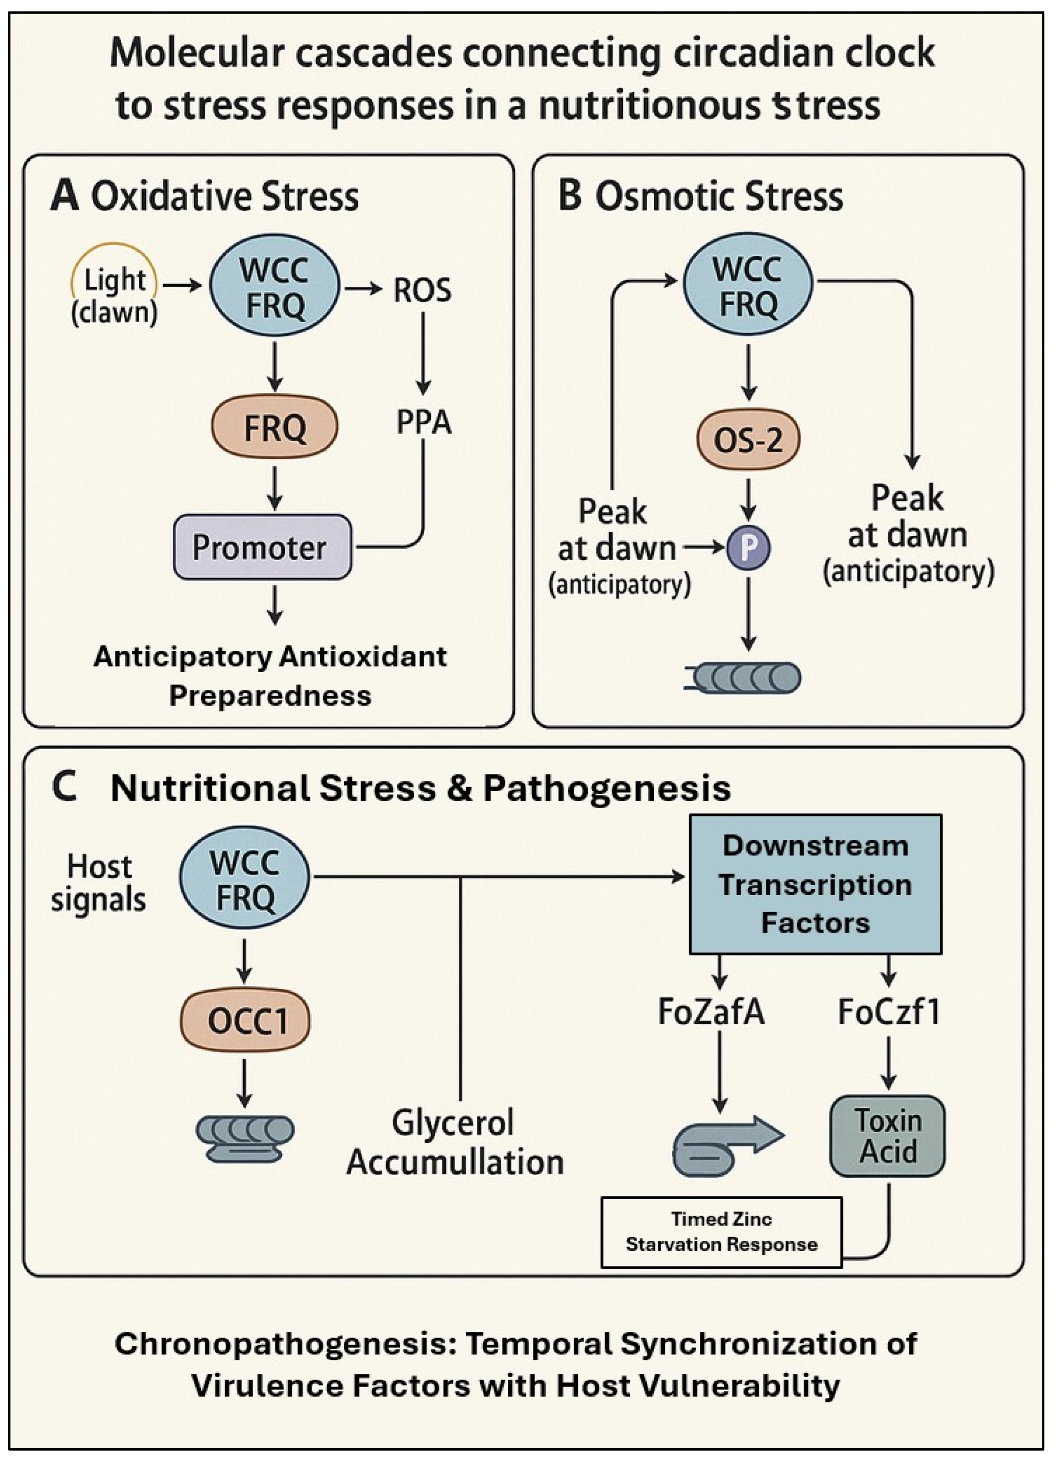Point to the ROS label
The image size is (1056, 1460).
(x=422, y=290)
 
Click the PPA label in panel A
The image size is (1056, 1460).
(x=423, y=423)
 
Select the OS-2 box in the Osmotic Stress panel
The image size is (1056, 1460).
(x=748, y=440)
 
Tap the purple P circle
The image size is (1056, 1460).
(x=748, y=548)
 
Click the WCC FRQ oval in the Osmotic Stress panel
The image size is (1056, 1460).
(x=748, y=286)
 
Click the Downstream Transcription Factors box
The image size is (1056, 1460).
(x=815, y=884)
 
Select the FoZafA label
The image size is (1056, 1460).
(x=711, y=1012)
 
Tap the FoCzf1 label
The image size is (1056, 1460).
(x=889, y=1012)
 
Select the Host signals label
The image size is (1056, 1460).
(x=99, y=883)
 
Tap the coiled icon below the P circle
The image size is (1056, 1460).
(x=747, y=678)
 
